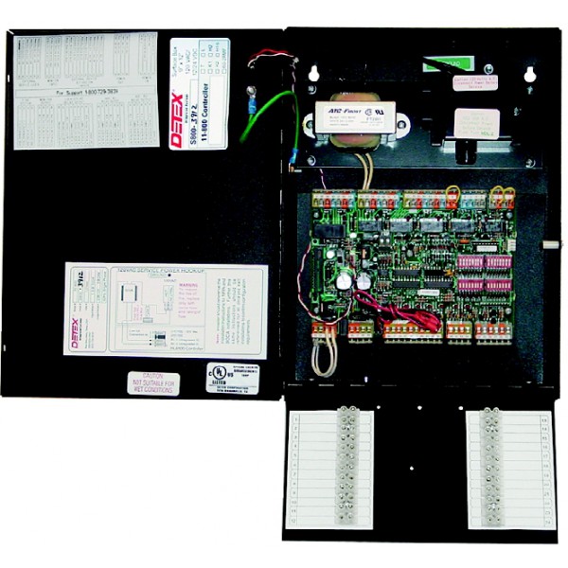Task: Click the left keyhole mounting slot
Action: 309,71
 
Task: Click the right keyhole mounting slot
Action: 530,71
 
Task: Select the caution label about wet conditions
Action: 153,383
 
